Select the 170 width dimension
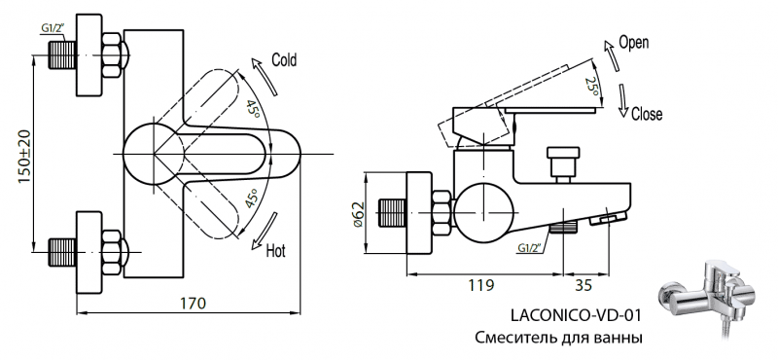(x=194, y=303)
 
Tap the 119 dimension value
(x=480, y=285)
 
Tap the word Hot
(x=276, y=251)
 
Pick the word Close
(x=647, y=114)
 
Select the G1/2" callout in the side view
(x=531, y=247)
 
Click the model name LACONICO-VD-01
(x=576, y=315)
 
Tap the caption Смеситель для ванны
(x=559, y=338)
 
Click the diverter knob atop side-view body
(x=561, y=161)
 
